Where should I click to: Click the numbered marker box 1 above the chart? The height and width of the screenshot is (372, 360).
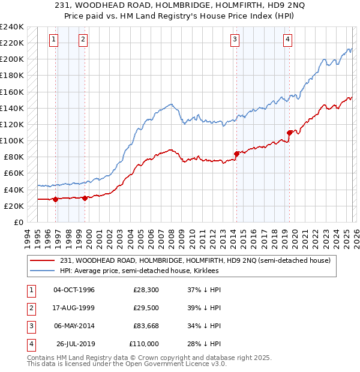click(x=53, y=40)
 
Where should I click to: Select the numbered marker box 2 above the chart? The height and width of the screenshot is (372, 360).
click(x=82, y=40)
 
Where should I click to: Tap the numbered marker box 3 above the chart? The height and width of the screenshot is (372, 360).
click(x=234, y=40)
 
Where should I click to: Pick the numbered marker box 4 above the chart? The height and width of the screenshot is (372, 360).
click(x=287, y=40)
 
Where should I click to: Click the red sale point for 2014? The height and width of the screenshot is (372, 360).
click(x=236, y=154)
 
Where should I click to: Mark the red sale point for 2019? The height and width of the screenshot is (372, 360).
click(x=289, y=132)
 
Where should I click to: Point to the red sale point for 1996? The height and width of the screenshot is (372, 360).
click(x=55, y=199)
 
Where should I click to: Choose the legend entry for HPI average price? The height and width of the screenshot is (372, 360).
click(x=139, y=271)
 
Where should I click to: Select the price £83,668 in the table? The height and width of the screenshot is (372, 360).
click(x=146, y=326)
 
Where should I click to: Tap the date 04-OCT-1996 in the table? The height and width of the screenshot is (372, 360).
click(x=74, y=290)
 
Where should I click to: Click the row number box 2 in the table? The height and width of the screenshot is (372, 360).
click(x=29, y=308)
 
